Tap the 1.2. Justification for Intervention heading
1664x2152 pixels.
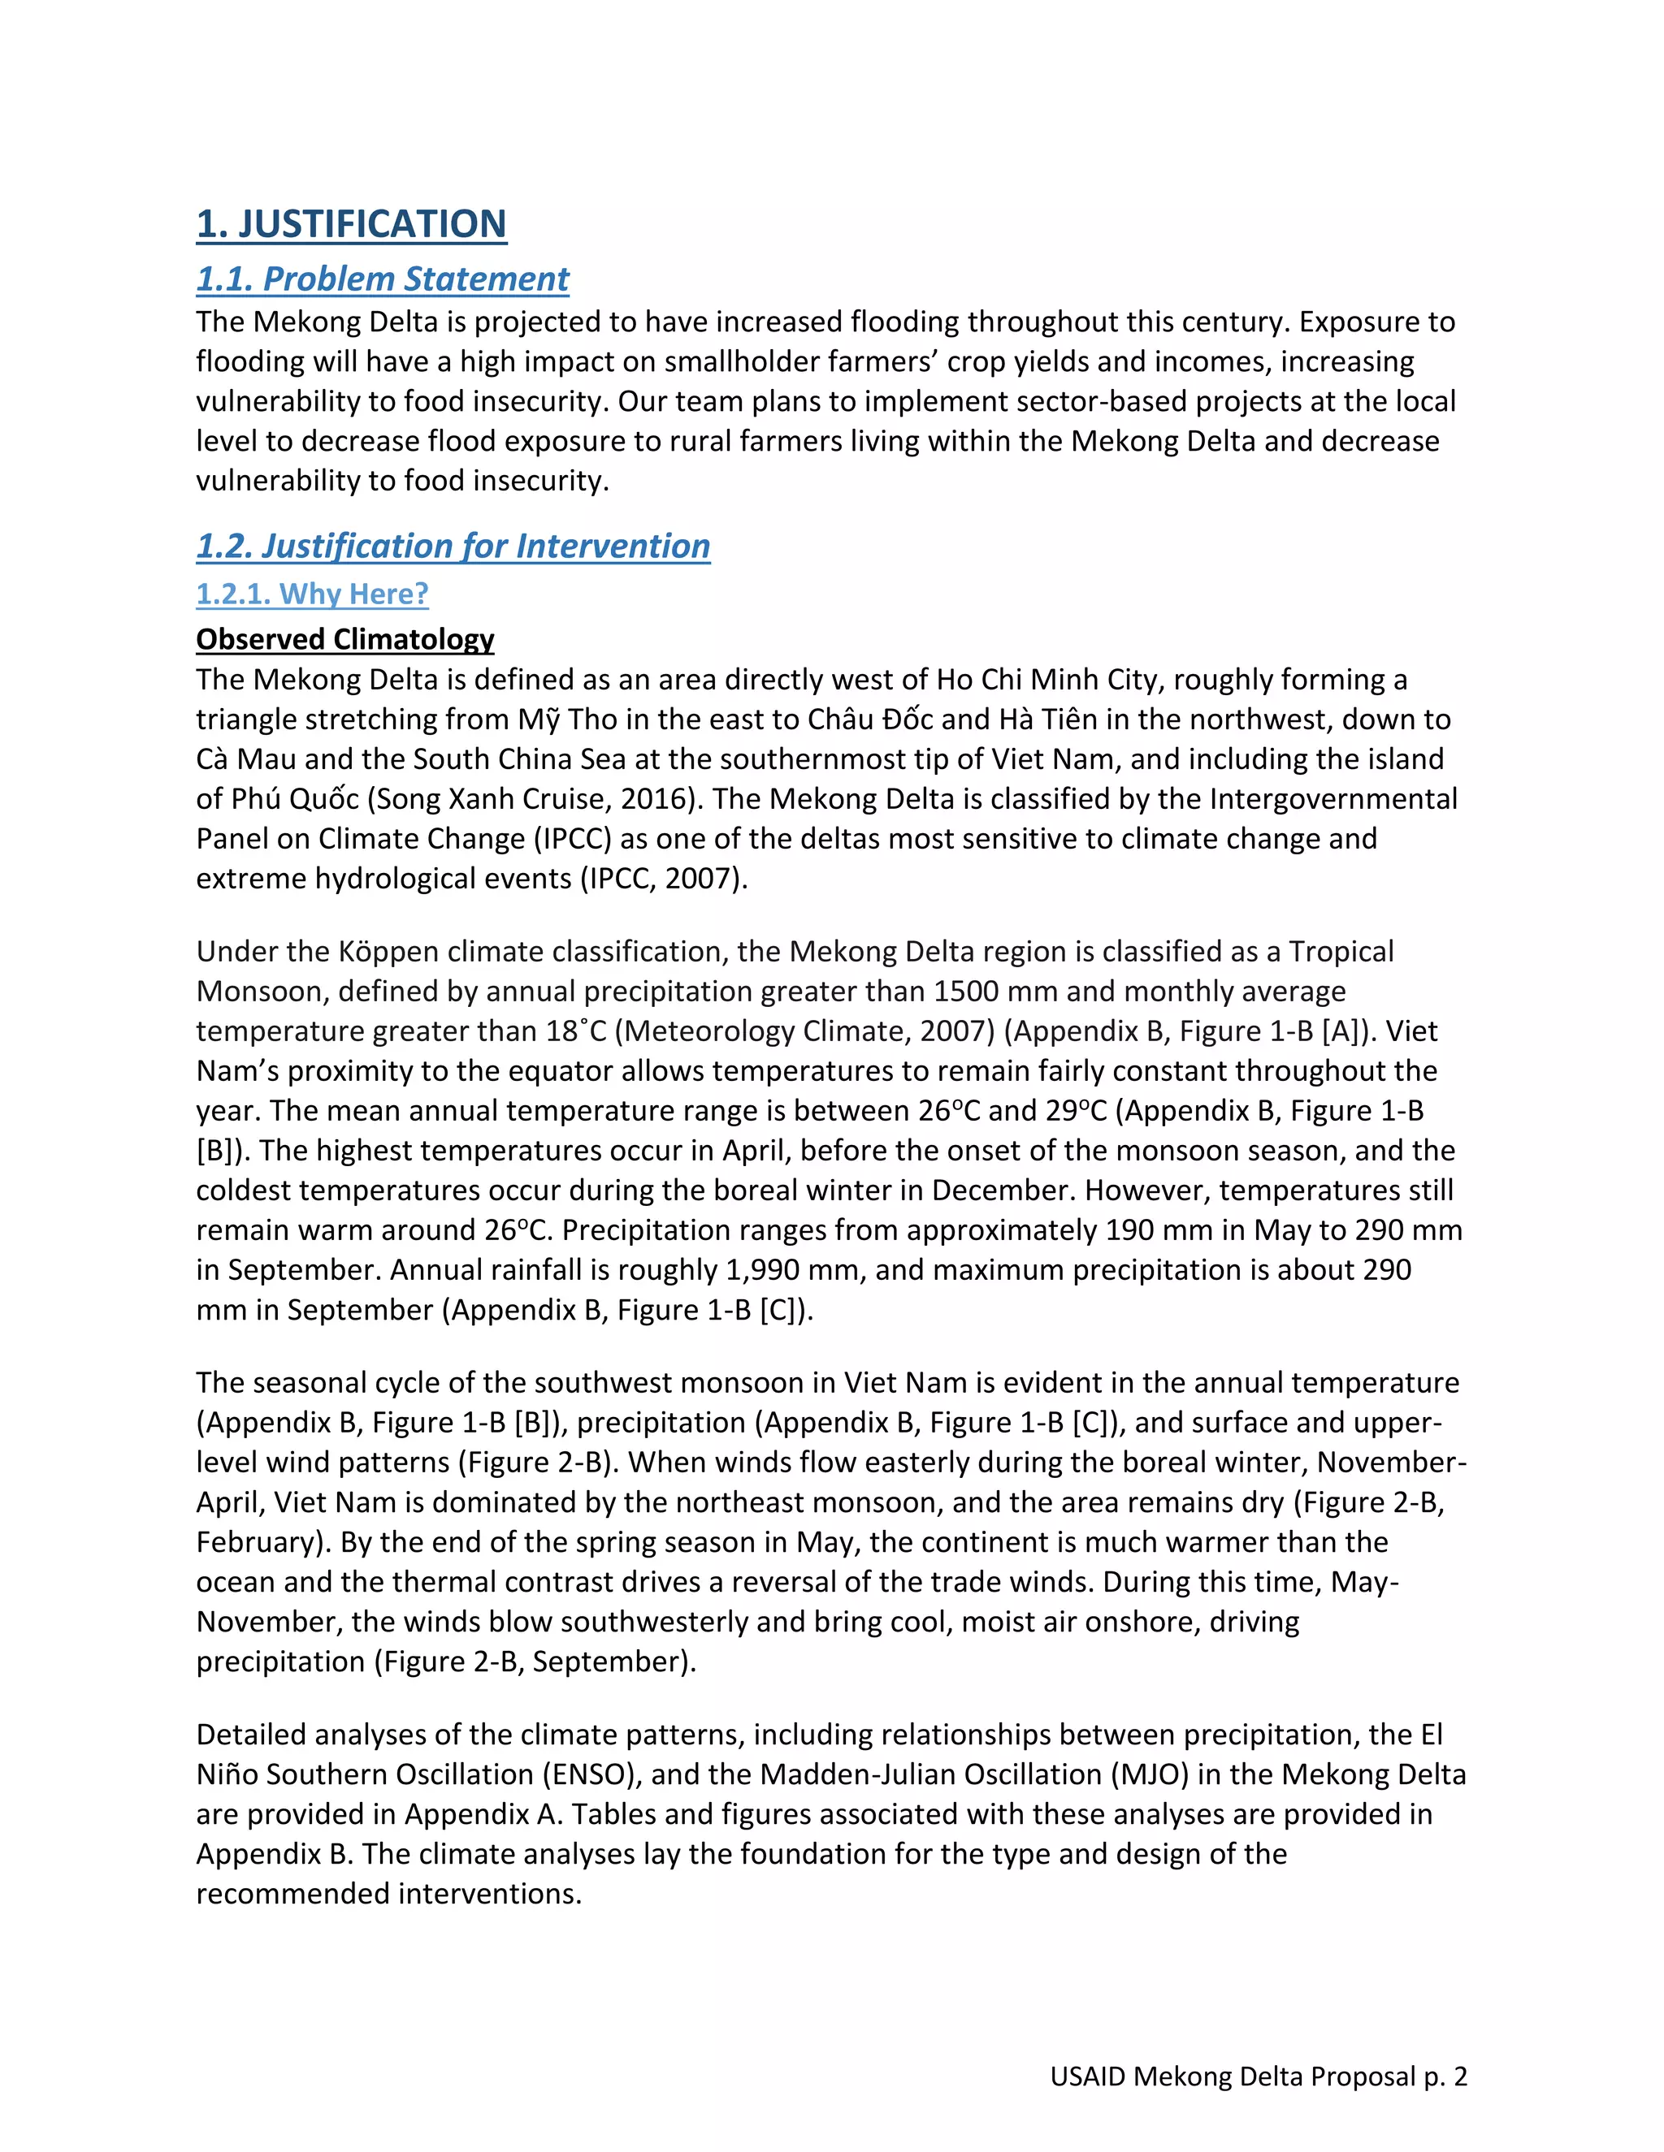click(453, 546)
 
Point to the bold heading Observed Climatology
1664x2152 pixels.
click(345, 639)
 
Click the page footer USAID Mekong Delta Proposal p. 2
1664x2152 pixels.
click(1258, 2076)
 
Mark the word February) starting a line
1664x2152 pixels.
click(258, 1542)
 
